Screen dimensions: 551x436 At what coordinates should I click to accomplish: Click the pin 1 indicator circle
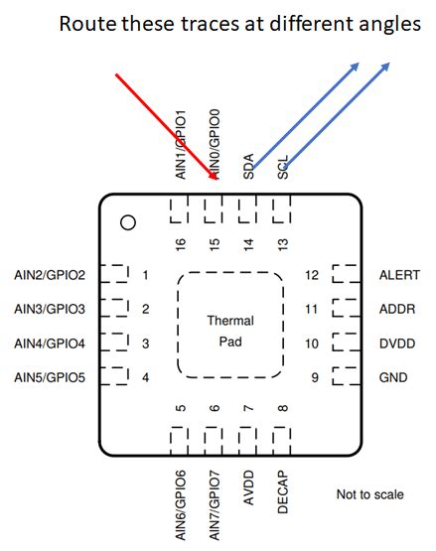[127, 223]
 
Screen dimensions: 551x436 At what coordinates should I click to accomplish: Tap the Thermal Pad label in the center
[230, 331]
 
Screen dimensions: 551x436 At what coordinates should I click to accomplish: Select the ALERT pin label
[398, 275]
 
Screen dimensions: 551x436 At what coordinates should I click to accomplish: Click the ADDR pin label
[397, 309]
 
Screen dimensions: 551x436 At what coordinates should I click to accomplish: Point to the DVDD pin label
[397, 344]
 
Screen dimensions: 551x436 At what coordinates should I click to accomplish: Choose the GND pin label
[393, 377]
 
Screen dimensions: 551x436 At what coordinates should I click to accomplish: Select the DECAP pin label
[283, 488]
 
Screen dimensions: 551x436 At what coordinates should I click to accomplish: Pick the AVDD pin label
[248, 486]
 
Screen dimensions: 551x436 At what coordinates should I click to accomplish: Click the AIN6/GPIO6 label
[181, 504]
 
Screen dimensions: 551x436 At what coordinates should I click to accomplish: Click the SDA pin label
[248, 166]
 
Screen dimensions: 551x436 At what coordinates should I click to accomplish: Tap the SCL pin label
[283, 166]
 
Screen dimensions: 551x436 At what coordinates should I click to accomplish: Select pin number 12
[311, 275]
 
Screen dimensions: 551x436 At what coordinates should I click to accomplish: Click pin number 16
[181, 243]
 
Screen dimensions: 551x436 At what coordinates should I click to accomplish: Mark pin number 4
[146, 377]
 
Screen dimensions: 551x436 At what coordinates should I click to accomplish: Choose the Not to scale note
[370, 494]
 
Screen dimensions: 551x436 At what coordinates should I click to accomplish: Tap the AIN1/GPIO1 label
[181, 141]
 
